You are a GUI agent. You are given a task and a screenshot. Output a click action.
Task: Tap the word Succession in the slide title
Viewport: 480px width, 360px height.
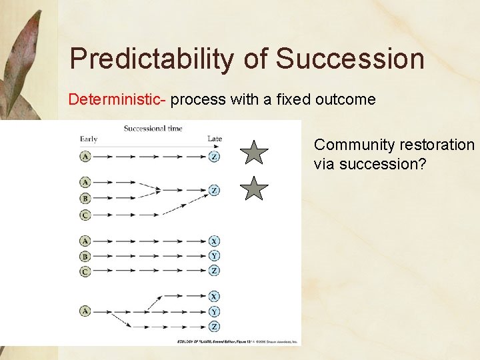tap(350, 59)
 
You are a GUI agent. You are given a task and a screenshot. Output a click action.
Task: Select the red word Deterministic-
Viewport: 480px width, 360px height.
tap(118, 100)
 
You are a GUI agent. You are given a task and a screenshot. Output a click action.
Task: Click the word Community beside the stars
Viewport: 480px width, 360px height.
tap(356, 145)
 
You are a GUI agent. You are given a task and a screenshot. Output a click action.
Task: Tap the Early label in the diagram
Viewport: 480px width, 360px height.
tap(89, 139)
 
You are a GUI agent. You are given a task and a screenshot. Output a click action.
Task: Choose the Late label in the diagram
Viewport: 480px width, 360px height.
tap(214, 139)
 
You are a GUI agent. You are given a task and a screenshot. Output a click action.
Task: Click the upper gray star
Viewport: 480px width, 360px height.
tap(254, 153)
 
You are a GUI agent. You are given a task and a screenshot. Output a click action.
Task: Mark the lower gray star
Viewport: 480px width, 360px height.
tap(254, 189)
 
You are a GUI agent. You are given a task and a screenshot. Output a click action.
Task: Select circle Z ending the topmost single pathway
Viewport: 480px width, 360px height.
tap(213, 157)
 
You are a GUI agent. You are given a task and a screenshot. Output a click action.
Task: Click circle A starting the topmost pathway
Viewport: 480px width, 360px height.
tap(85, 157)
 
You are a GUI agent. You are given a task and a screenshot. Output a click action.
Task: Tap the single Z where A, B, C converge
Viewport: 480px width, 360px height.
tap(213, 190)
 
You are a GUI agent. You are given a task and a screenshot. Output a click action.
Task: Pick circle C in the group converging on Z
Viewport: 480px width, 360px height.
tap(85, 215)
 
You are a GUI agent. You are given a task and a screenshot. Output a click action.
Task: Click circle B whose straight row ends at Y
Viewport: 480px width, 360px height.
tap(85, 256)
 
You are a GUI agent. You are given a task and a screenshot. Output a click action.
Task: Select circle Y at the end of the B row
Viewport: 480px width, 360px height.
tap(213, 256)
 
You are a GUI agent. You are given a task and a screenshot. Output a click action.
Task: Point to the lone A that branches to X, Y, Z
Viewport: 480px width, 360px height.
tap(85, 311)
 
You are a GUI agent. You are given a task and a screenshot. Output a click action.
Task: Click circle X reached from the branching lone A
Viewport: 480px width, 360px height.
tap(213, 296)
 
